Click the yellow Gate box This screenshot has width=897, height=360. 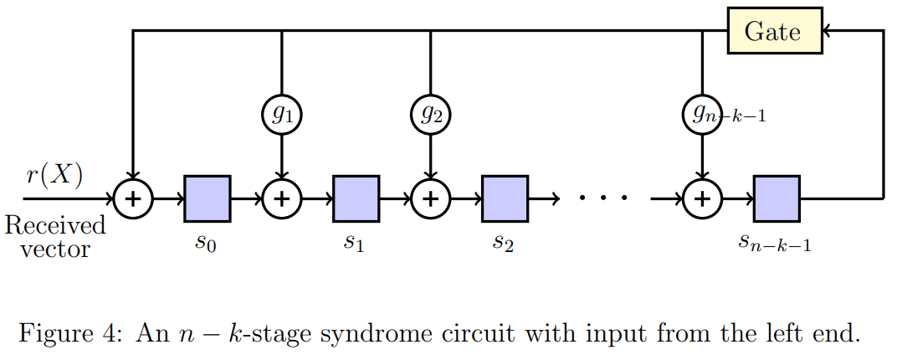coord(773,32)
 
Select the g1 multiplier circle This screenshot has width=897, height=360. coord(282,115)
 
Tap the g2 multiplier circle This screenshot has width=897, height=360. coord(431,115)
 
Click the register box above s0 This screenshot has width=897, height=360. coord(207,198)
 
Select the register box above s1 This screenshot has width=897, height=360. coord(356,198)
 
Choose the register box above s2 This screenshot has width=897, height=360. coord(505,198)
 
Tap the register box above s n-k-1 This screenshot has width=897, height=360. coord(777,198)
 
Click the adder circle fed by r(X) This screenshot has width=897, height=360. coord(133,199)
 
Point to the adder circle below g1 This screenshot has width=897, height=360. coord(282,199)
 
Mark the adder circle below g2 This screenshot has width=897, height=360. coord(431,199)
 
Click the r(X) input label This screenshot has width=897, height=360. coord(54,176)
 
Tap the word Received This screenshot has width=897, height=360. coord(55,225)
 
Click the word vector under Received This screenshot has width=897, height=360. coord(55,248)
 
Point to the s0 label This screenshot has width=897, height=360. coord(207,243)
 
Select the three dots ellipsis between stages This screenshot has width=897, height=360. coord(603,198)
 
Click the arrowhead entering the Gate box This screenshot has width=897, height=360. coord(827,32)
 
